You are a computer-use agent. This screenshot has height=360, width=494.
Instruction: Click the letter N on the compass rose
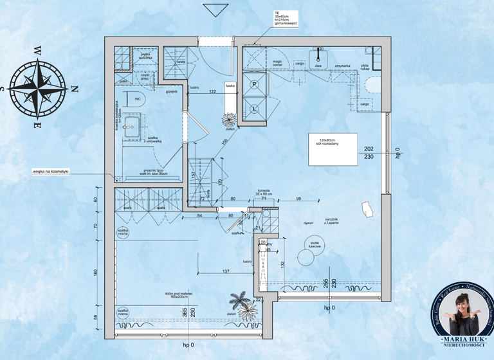tap(73, 89)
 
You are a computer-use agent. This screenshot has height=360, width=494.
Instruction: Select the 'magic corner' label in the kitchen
tap(278, 63)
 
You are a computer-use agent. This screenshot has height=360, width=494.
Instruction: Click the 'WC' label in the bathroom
tap(138, 99)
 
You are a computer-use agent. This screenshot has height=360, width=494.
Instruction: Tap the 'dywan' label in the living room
tap(309, 223)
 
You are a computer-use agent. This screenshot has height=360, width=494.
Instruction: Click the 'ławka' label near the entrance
tap(230, 85)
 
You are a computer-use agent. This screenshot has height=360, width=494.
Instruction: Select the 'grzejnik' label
tap(171, 91)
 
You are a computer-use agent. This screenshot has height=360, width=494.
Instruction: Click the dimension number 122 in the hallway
tap(212, 92)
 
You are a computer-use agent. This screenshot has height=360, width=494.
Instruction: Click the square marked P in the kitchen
tap(254, 85)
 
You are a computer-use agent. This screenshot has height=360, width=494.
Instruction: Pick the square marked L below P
tap(254, 109)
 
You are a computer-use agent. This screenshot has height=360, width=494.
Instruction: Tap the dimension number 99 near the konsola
tap(298, 199)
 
